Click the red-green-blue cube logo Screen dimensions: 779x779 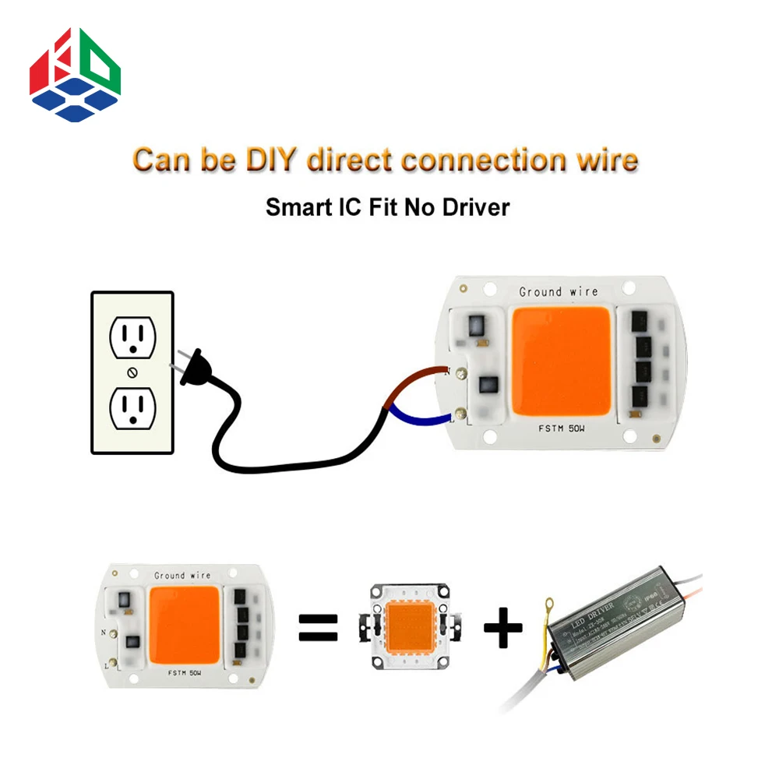pos(75,76)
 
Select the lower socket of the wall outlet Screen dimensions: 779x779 pos(132,407)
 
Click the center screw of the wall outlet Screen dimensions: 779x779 pos(132,372)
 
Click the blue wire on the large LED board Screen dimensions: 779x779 pos(417,414)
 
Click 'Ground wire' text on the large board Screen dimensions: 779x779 pos(559,292)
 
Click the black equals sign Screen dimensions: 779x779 pos(319,628)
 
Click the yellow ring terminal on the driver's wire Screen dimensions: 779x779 pos(549,602)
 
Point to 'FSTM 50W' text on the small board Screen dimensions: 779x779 pos(183,671)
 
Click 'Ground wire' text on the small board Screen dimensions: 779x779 pos(182,576)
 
